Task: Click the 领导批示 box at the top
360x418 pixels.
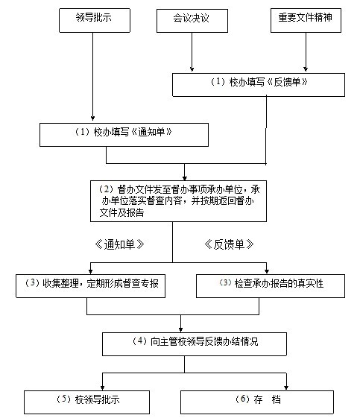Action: [95, 21]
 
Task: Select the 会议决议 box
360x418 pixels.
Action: [192, 21]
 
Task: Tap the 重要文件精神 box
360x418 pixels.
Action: [306, 21]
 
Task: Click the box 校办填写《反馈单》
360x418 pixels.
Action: [259, 85]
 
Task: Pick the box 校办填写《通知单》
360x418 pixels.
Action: [124, 135]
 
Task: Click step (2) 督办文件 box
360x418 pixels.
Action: [178, 201]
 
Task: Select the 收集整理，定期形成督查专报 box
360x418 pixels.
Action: [90, 286]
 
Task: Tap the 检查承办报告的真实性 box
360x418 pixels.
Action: [271, 286]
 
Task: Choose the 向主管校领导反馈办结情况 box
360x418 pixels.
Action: [195, 344]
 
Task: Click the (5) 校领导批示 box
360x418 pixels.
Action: [86, 402]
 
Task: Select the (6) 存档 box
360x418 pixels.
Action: [257, 402]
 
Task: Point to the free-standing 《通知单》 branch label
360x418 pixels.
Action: [119, 244]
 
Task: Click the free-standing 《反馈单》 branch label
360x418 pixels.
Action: [229, 244]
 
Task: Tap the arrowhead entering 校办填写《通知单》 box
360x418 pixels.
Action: [93, 118]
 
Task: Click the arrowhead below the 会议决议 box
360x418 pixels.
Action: [192, 69]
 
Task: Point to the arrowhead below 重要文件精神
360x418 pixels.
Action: [306, 69]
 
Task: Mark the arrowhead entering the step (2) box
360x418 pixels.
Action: [185, 178]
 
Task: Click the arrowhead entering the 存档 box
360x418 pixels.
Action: [286, 387]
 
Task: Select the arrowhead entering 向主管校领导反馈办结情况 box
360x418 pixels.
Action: [181, 330]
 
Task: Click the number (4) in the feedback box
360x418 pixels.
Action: [139, 341]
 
